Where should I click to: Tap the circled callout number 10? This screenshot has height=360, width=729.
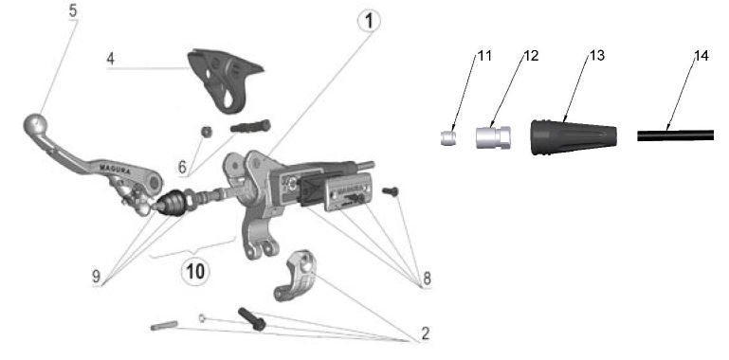(x=194, y=271)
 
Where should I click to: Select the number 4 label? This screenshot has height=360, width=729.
(x=111, y=59)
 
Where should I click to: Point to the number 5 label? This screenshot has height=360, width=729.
(x=74, y=11)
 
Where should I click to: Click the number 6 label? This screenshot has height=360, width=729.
(x=182, y=167)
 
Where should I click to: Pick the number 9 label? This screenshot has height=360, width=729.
(x=97, y=277)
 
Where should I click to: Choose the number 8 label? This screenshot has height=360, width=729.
(x=428, y=279)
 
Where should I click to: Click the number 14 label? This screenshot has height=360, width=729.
(x=701, y=56)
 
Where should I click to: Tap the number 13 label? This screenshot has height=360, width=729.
(x=596, y=56)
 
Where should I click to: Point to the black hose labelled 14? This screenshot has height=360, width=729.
(x=675, y=135)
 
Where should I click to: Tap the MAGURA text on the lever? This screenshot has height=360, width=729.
(x=112, y=167)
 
